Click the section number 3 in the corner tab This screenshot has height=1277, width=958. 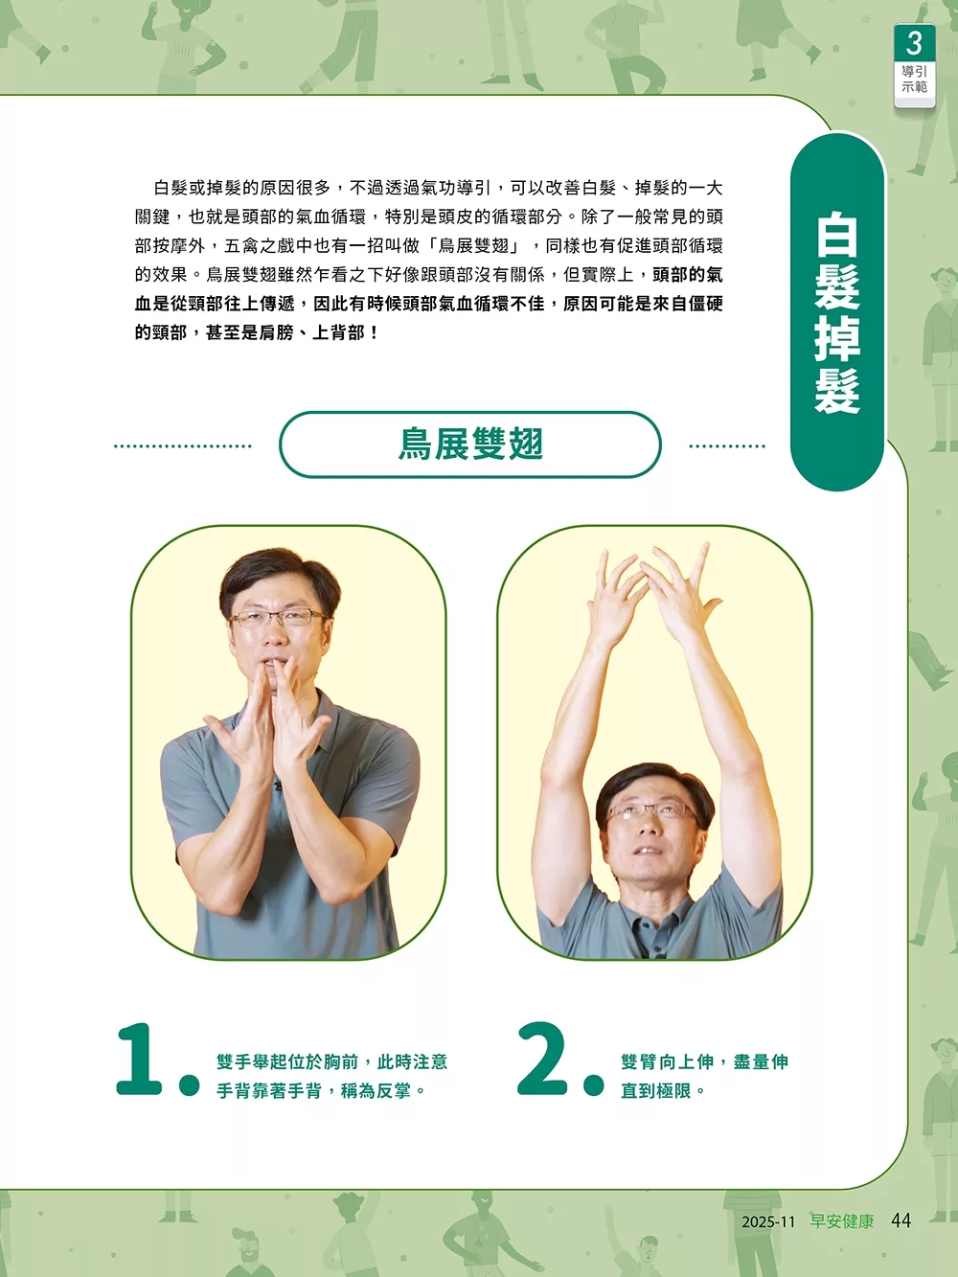pyautogui.click(x=914, y=43)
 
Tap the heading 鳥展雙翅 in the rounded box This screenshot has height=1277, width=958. pyautogui.click(x=470, y=445)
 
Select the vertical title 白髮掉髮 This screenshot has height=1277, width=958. pyautogui.click(x=837, y=314)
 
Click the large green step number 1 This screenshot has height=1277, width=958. pyautogui.click(x=140, y=1060)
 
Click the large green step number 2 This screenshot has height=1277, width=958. pyautogui.click(x=542, y=1060)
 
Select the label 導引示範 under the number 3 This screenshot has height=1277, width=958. pyautogui.click(x=914, y=80)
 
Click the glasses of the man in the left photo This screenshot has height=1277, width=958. pyautogui.click(x=278, y=618)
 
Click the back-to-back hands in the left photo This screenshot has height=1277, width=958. pyautogui.click(x=272, y=722)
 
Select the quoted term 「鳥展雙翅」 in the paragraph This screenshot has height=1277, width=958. pyautogui.click(x=473, y=246)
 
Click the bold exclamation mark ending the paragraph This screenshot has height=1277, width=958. pyautogui.click(x=374, y=333)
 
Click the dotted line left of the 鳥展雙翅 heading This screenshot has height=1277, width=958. pyautogui.click(x=183, y=446)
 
